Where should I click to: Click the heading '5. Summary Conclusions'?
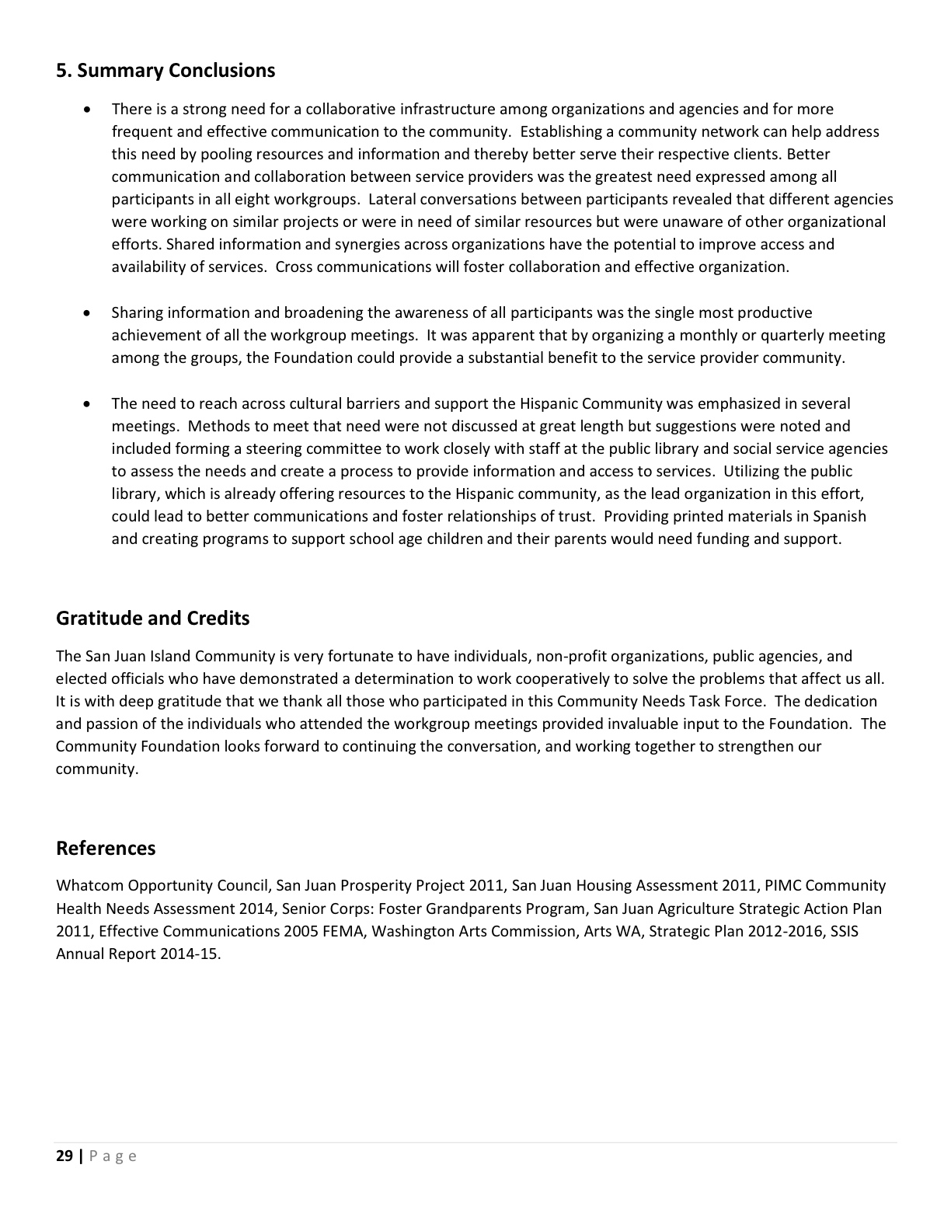click(165, 71)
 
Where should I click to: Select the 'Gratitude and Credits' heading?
click(153, 619)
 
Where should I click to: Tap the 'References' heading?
click(106, 849)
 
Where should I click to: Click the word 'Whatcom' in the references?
click(89, 886)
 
